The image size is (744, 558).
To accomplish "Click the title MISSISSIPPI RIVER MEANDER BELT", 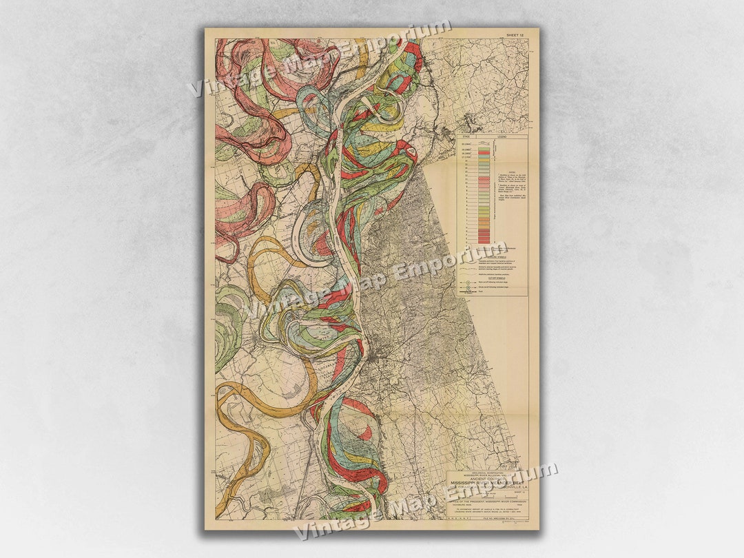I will coord(487,484).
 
